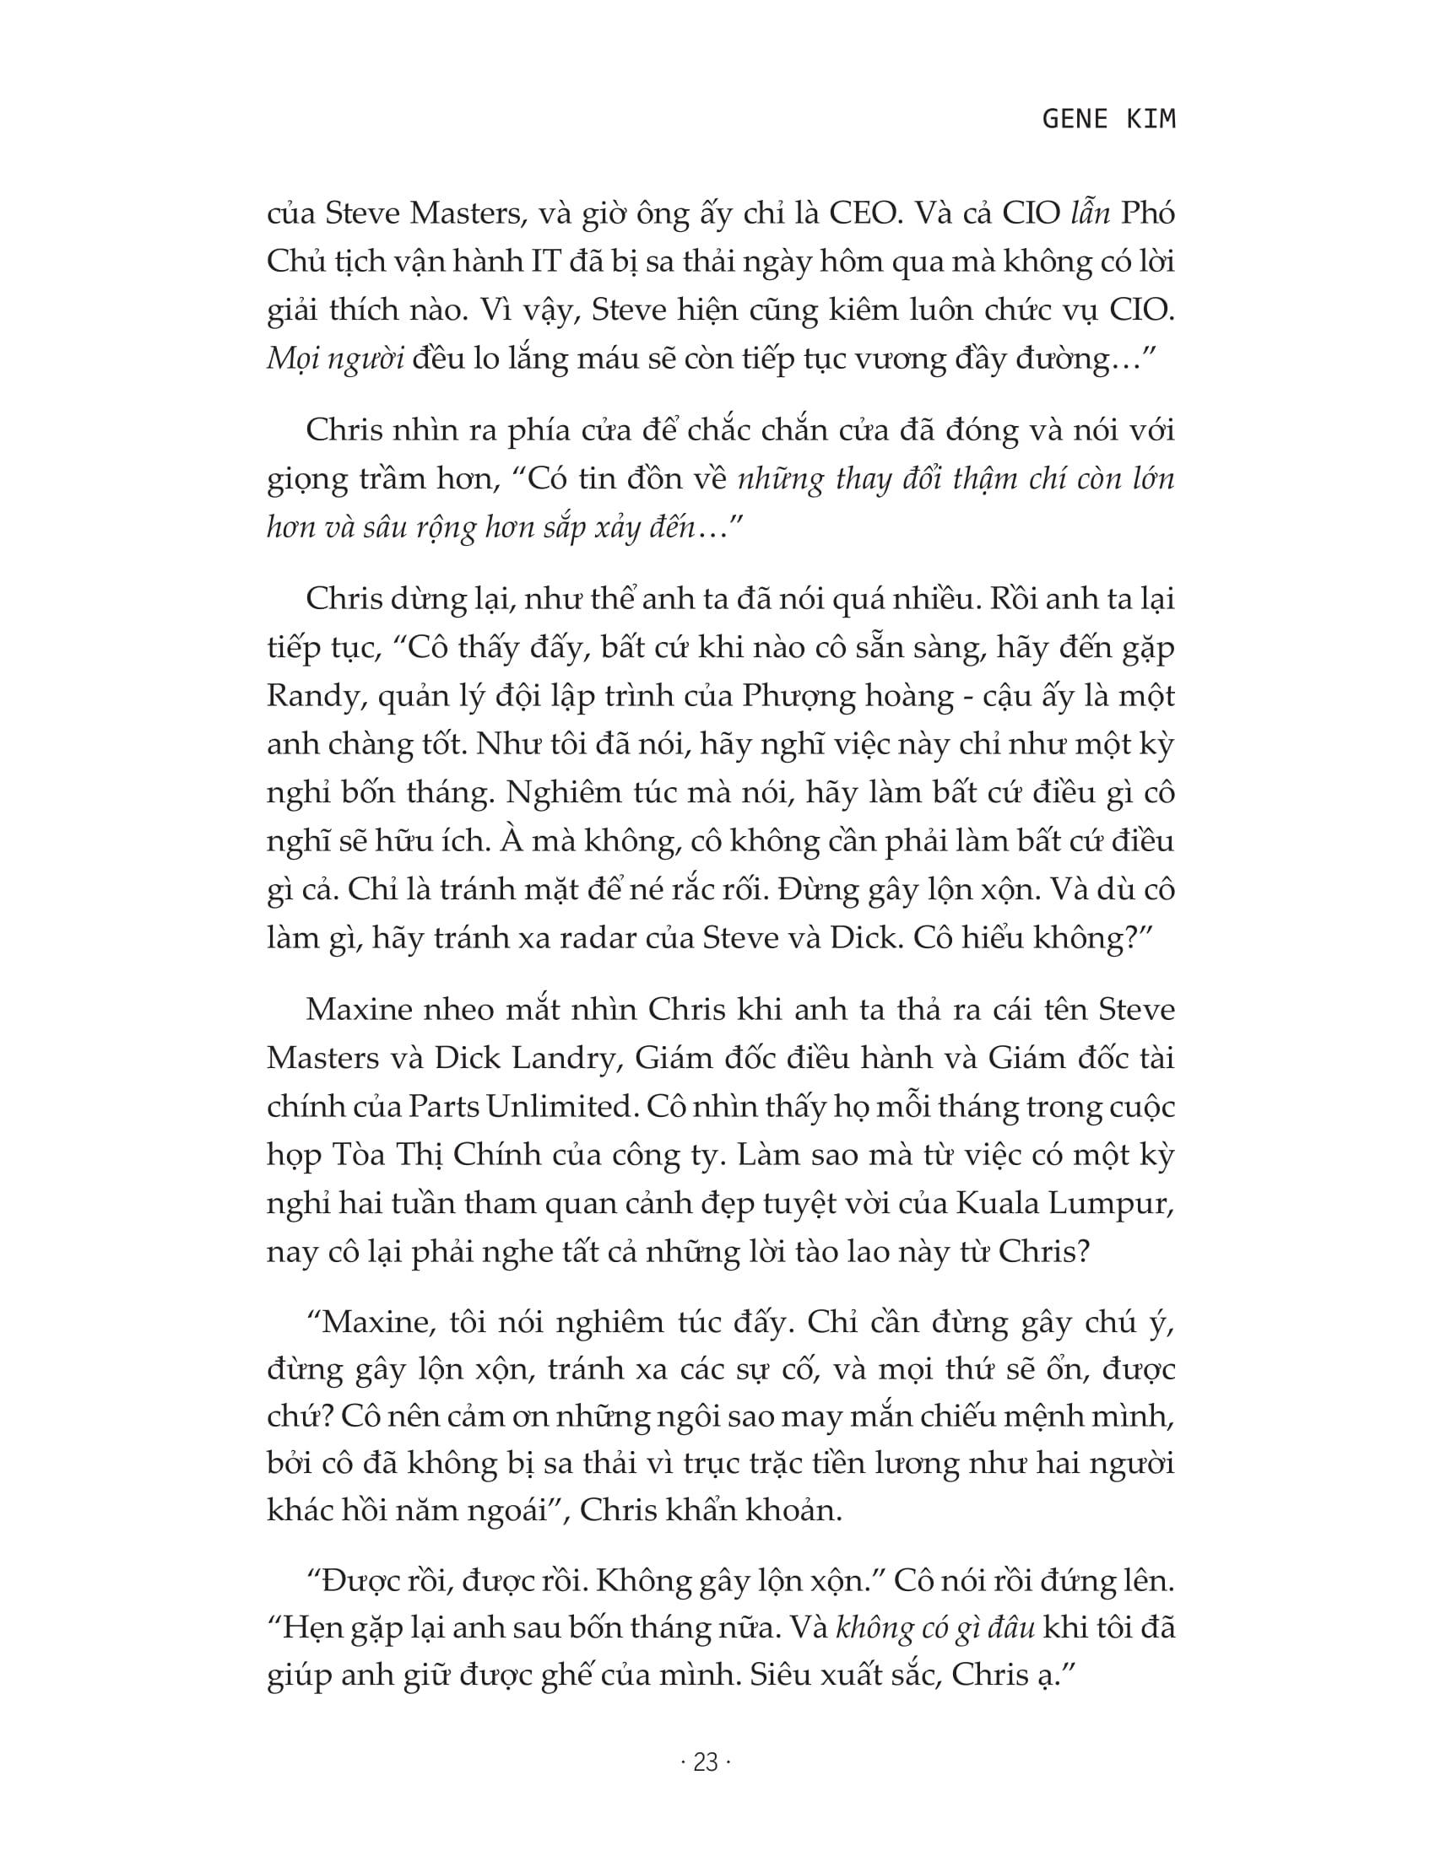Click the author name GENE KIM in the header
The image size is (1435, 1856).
(x=1108, y=119)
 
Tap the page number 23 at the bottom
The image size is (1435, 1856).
(x=706, y=1763)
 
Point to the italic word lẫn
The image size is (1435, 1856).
(x=1086, y=213)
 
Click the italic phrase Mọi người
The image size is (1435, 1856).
(x=335, y=359)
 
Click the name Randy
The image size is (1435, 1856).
(x=308, y=696)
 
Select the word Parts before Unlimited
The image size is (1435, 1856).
(x=444, y=1107)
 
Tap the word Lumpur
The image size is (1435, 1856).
(x=1118, y=1204)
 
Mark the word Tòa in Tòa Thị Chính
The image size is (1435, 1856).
(x=351, y=1156)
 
